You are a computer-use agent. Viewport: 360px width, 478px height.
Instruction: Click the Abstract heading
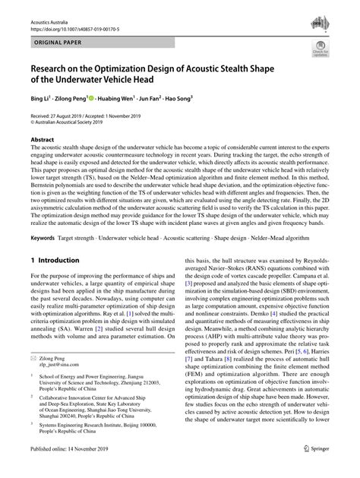coord(42,141)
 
